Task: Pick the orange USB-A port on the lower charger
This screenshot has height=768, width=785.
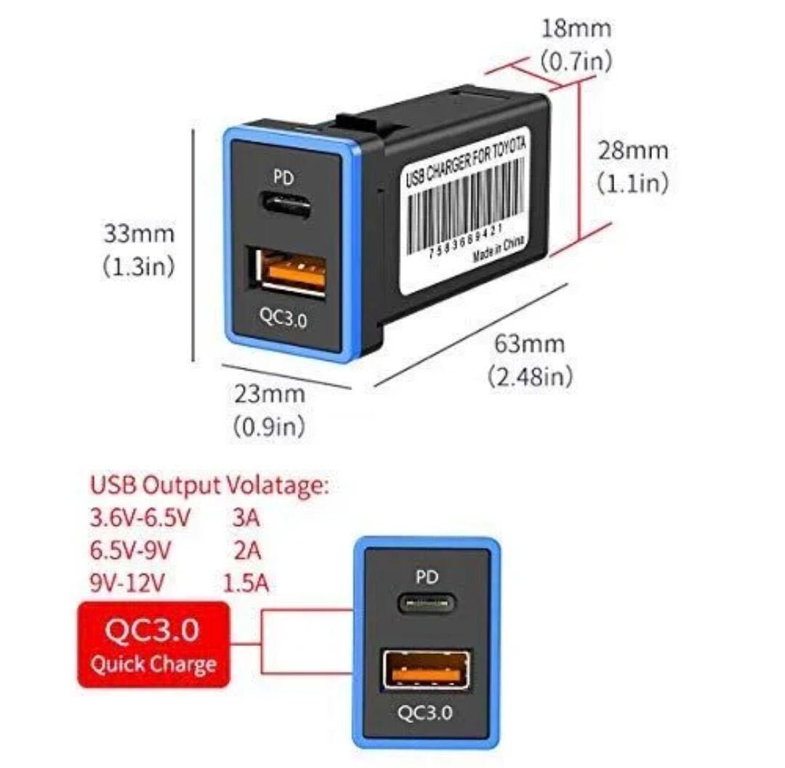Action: [427, 671]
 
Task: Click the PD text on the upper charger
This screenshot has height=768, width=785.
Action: [283, 177]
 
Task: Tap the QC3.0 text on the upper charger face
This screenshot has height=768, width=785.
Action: [283, 318]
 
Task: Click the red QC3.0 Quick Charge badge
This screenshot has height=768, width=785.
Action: [153, 644]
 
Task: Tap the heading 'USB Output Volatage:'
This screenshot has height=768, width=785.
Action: [210, 485]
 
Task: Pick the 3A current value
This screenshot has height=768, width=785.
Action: [246, 518]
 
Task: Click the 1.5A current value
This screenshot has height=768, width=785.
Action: [246, 583]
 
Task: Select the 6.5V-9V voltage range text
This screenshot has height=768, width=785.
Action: [131, 550]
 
